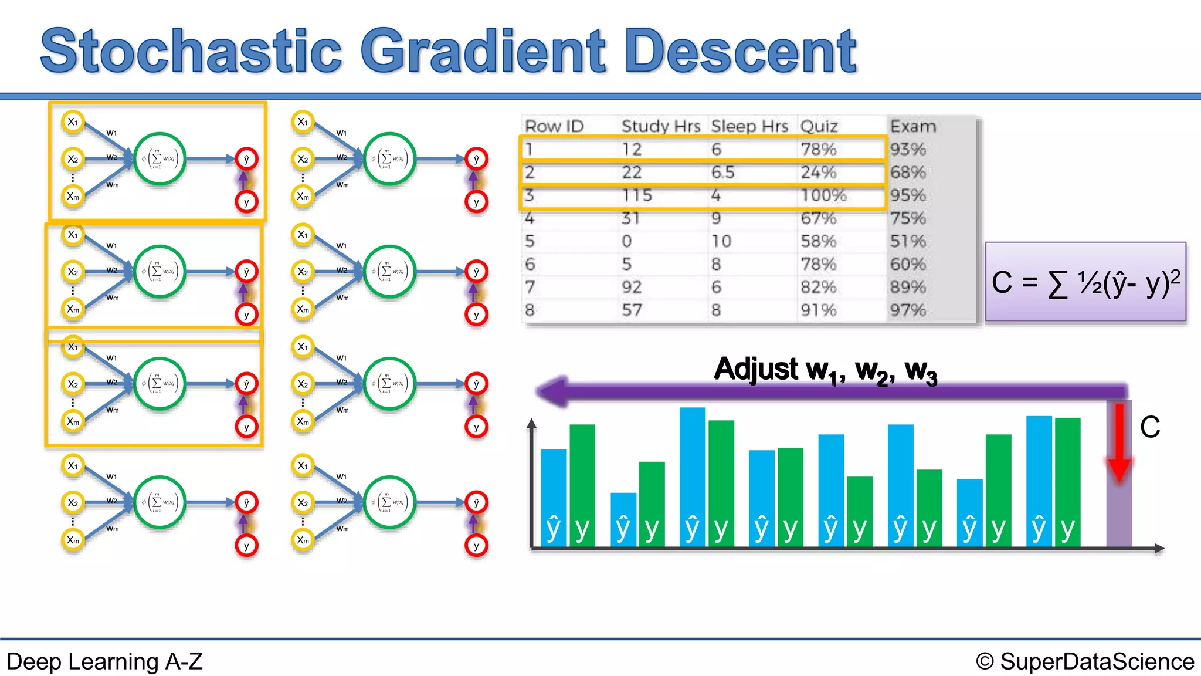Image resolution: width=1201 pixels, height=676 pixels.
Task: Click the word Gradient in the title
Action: pyautogui.click(x=482, y=52)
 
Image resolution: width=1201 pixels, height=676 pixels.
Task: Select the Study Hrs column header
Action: pyautogui.click(x=660, y=126)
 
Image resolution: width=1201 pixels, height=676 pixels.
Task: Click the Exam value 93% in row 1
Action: pyautogui.click(x=907, y=149)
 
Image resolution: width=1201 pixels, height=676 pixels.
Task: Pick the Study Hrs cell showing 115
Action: pyautogui.click(x=637, y=195)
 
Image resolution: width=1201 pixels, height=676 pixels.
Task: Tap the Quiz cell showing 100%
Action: pyautogui.click(x=823, y=195)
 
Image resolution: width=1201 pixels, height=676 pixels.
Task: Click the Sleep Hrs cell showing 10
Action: pyautogui.click(x=721, y=241)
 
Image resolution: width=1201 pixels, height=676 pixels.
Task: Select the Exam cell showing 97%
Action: pyautogui.click(x=907, y=310)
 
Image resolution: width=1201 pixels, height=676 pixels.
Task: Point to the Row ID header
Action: pyautogui.click(x=554, y=126)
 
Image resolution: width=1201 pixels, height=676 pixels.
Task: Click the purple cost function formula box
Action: pyautogui.click(x=1085, y=282)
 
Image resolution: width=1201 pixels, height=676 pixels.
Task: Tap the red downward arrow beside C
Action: pyautogui.click(x=1119, y=443)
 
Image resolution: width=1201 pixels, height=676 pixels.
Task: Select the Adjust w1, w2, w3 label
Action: pyautogui.click(x=825, y=370)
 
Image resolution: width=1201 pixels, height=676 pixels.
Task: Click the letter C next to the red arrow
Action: pyautogui.click(x=1149, y=427)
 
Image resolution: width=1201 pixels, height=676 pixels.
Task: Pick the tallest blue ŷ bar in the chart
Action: pyautogui.click(x=692, y=475)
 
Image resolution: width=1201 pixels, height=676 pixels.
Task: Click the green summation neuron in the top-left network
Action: pyautogui.click(x=160, y=159)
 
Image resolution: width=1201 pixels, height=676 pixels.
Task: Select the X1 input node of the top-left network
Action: pyautogui.click(x=73, y=122)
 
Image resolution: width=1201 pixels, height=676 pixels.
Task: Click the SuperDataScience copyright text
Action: pyautogui.click(x=1085, y=661)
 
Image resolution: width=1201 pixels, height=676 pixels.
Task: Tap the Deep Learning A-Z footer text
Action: pyautogui.click(x=104, y=661)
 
